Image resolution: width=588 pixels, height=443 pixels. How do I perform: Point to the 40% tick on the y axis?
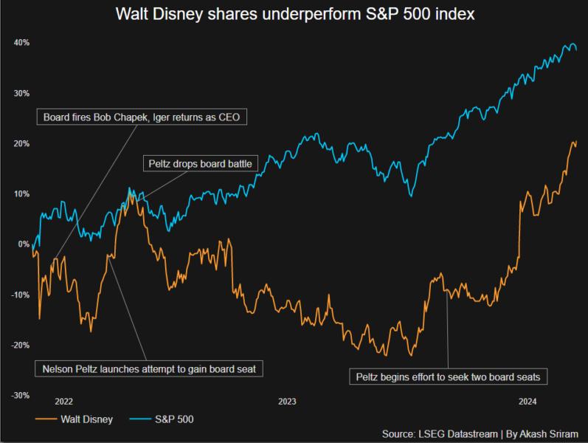pos(21,43)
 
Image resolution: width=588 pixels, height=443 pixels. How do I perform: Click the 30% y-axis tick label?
pos(21,93)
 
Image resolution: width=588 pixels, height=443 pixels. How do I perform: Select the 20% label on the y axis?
pos(21,143)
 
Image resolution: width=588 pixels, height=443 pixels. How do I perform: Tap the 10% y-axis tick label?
pos(21,193)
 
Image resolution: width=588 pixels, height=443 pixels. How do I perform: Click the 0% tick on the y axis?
pos(23,244)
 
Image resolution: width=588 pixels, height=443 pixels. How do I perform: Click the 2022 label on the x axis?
pos(63,402)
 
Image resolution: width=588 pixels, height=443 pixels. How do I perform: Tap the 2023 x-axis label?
pos(287,402)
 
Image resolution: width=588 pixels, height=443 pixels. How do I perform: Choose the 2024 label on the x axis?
pos(527,402)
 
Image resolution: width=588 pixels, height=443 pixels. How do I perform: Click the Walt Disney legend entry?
pos(74,419)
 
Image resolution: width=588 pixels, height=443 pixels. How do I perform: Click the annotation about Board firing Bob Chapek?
pos(140,117)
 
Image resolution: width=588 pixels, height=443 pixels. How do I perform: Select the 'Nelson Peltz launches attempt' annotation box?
pos(149,368)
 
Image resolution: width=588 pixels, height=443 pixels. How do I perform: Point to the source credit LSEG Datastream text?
pos(480,434)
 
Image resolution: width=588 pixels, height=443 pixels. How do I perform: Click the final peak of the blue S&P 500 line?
pos(573,45)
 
